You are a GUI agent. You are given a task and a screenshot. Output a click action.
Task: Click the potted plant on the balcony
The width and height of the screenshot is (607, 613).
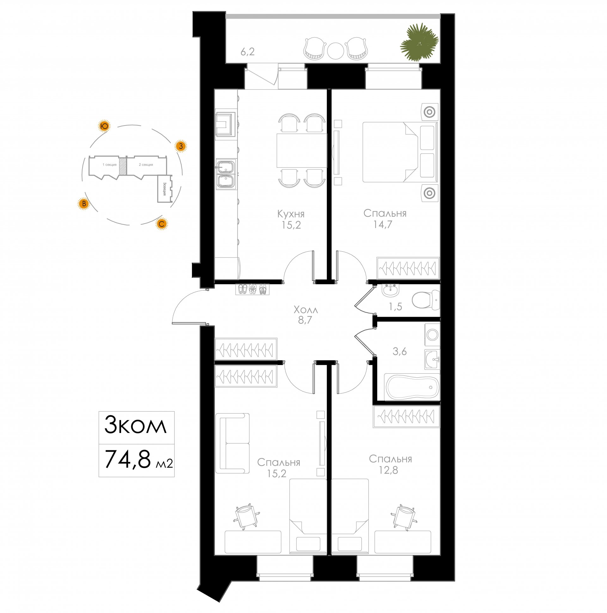tap(419, 42)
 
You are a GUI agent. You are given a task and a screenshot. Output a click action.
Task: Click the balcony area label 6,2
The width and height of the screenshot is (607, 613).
tap(248, 51)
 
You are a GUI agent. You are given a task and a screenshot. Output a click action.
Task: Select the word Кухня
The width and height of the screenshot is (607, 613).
tap(291, 213)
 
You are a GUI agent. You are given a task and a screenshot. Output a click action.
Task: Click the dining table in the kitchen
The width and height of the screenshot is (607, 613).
tap(302, 150)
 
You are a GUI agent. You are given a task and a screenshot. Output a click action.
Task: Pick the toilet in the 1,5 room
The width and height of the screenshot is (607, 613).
tap(426, 300)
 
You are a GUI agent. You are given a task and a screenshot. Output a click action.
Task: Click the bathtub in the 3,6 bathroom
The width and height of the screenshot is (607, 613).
tap(412, 387)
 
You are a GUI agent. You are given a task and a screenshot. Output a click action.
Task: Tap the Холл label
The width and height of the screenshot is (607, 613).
tap(306, 309)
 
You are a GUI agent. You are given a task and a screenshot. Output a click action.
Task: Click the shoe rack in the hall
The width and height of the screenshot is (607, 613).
tap(253, 289)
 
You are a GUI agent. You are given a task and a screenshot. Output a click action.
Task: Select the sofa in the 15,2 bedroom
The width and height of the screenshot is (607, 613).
tap(232, 443)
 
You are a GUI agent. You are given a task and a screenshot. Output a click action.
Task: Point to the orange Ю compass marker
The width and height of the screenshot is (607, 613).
tap(104, 126)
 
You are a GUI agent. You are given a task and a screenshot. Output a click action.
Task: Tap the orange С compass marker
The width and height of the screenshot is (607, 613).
tap(161, 224)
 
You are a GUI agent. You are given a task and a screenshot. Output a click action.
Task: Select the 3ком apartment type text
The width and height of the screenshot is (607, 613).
tap(136, 425)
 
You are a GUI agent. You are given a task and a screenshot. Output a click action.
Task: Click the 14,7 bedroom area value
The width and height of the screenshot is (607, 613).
tap(383, 225)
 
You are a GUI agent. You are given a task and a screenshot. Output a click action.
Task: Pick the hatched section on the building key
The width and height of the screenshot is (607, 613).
tap(123, 165)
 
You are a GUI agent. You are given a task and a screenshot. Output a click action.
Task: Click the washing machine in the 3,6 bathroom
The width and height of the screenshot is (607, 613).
tap(432, 335)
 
